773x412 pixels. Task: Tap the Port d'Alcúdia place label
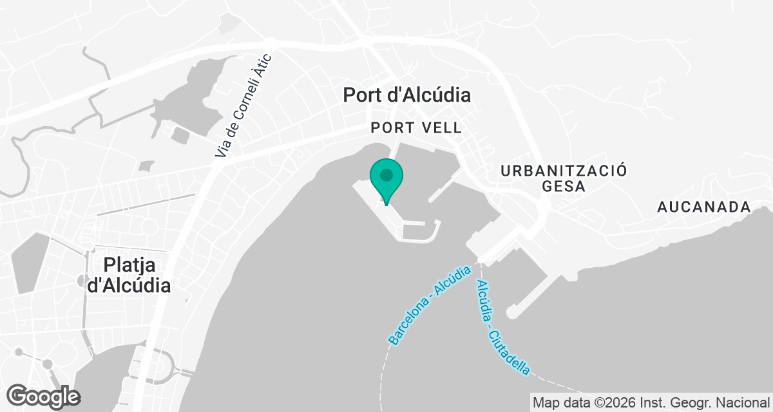click(x=406, y=95)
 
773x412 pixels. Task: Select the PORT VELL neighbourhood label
click(x=416, y=128)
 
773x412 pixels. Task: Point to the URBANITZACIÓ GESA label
click(x=564, y=178)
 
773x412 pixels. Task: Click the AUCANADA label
click(x=704, y=207)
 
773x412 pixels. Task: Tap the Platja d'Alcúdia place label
click(x=128, y=275)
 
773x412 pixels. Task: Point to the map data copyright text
click(x=651, y=403)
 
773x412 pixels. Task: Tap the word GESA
click(x=564, y=187)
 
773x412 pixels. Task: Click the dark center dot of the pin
click(x=386, y=174)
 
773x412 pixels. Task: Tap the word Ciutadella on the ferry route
click(x=511, y=350)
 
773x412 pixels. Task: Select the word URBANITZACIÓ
click(x=564, y=170)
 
